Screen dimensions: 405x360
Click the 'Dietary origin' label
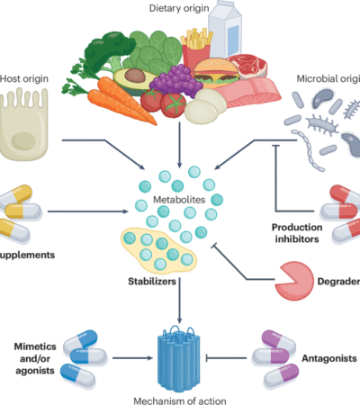coord(180,8)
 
